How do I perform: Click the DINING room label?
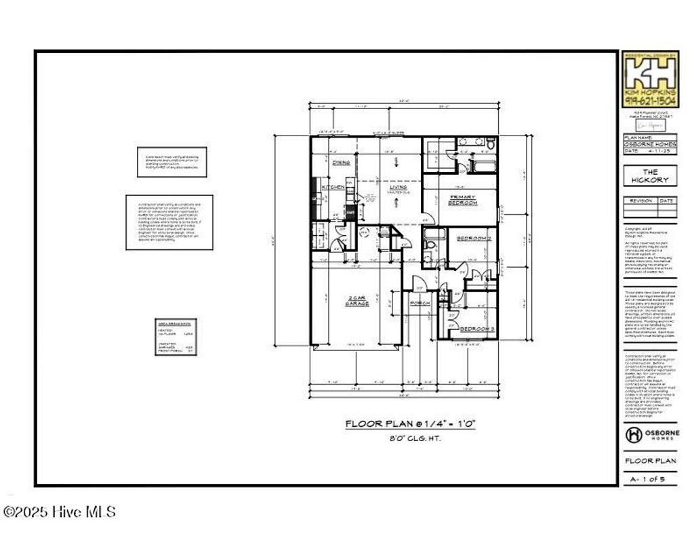pos(341,163)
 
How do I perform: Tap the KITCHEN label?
pos(333,187)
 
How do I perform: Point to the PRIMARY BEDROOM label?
pos(464,200)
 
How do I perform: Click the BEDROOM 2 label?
pos(473,239)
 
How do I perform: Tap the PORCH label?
pos(420,304)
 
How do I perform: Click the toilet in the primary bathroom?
pos(490,144)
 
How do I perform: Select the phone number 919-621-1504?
pos(650,102)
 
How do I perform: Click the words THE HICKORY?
pos(650,176)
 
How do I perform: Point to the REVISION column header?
pos(640,201)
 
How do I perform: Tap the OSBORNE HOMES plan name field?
pos(650,144)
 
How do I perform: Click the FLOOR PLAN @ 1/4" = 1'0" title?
pos(411,424)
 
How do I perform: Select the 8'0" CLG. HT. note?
pos(411,438)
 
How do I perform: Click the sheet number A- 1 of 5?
pos(650,479)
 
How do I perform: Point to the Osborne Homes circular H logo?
pos(633,434)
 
